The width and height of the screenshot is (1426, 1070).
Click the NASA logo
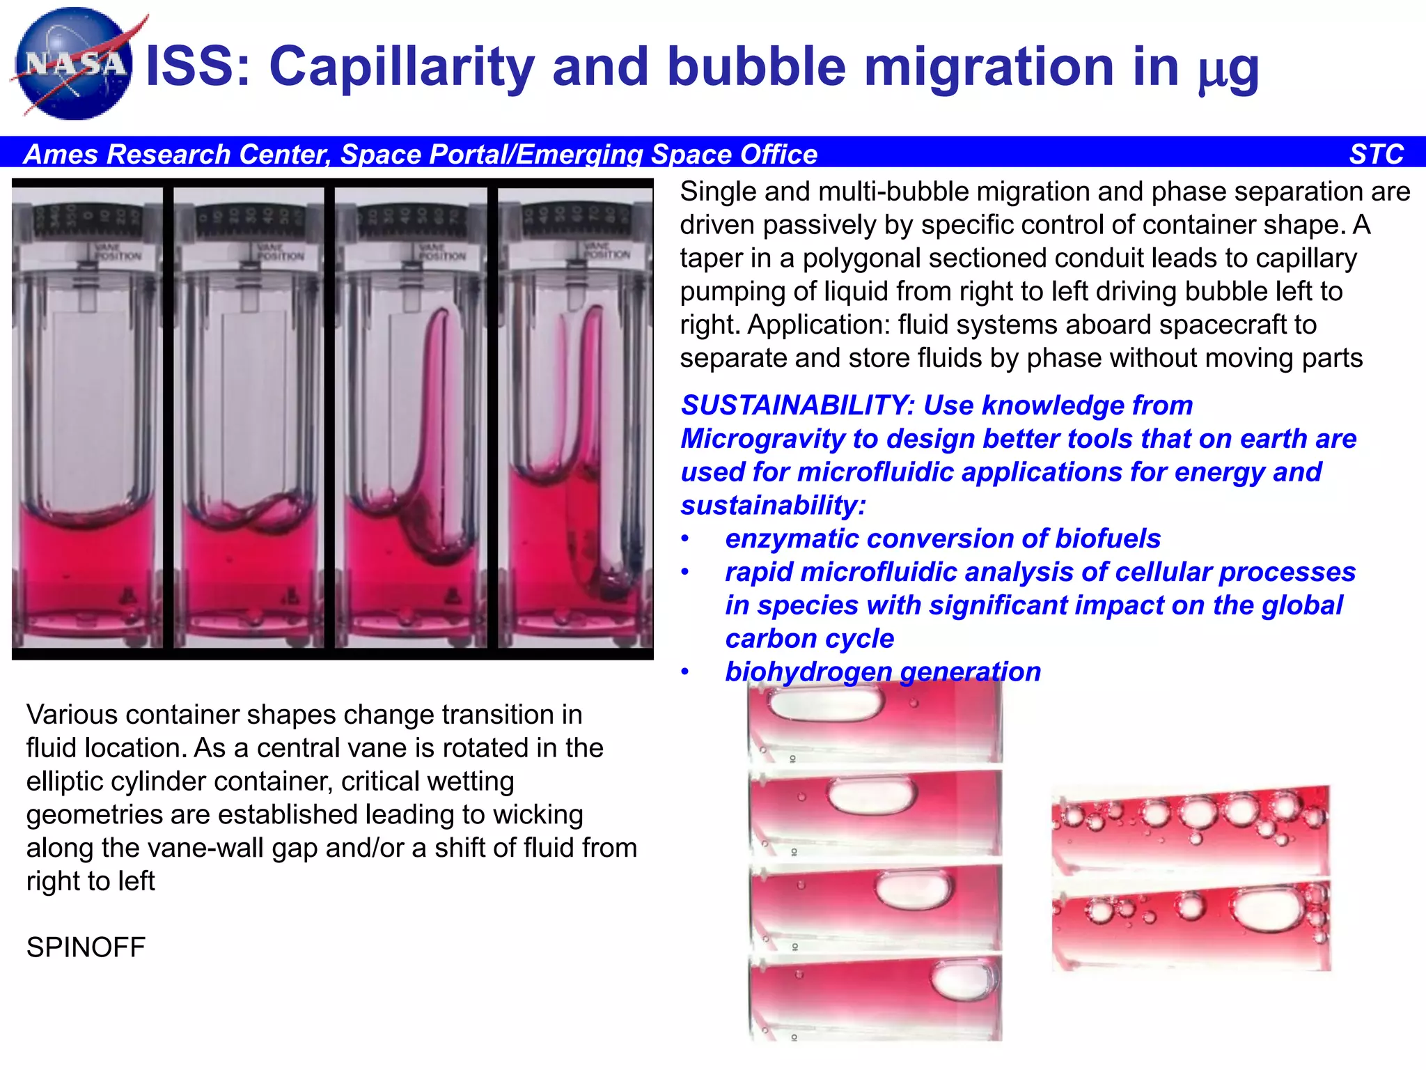pyautogui.click(x=73, y=64)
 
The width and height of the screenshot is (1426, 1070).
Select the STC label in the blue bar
pyautogui.click(x=1376, y=154)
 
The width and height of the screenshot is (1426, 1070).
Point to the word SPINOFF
pyautogui.click(x=86, y=947)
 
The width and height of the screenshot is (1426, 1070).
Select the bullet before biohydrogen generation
pyautogui.click(x=685, y=672)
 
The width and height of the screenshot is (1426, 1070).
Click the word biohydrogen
pyautogui.click(x=808, y=672)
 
